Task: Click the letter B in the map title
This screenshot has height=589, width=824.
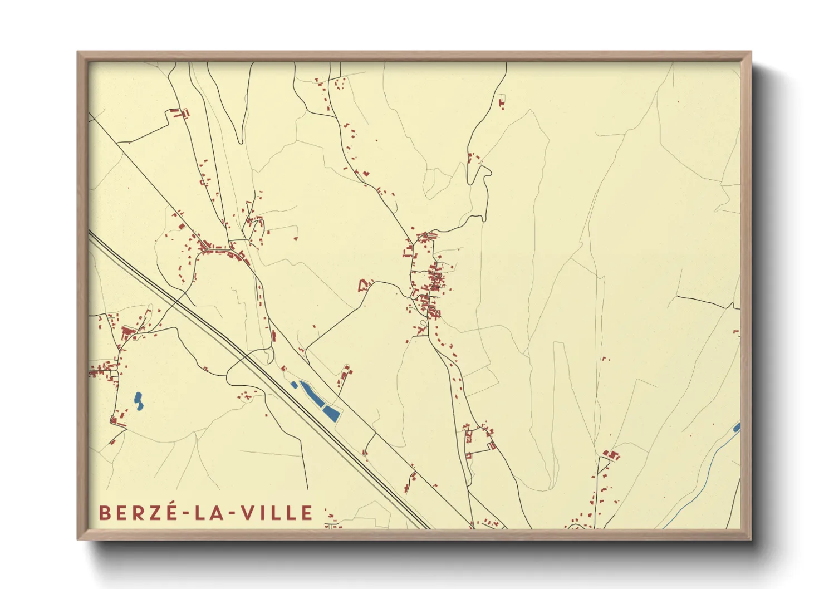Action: coord(104,513)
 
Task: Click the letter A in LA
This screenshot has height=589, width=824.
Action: coord(220,513)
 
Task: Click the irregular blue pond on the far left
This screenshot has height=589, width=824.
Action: coord(138,401)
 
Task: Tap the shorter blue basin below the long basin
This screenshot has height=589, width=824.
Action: coord(332,413)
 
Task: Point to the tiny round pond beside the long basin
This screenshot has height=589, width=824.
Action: coord(294,385)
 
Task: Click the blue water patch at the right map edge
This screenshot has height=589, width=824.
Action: coord(737,428)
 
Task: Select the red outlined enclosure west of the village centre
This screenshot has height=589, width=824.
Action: coord(364,286)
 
